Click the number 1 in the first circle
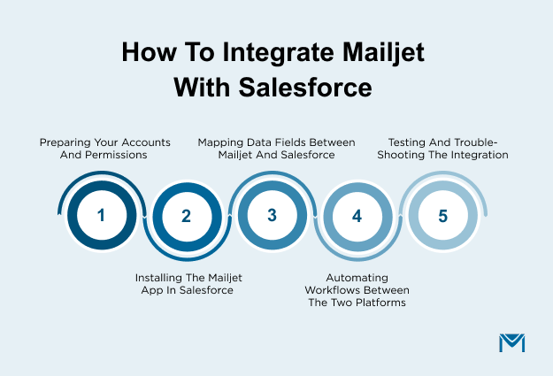point(101,215)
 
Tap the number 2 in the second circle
point(186,215)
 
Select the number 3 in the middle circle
point(272,215)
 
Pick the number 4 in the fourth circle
point(357,215)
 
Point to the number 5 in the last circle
point(442,215)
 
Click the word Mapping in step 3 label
point(220,141)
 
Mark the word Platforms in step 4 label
point(374,303)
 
